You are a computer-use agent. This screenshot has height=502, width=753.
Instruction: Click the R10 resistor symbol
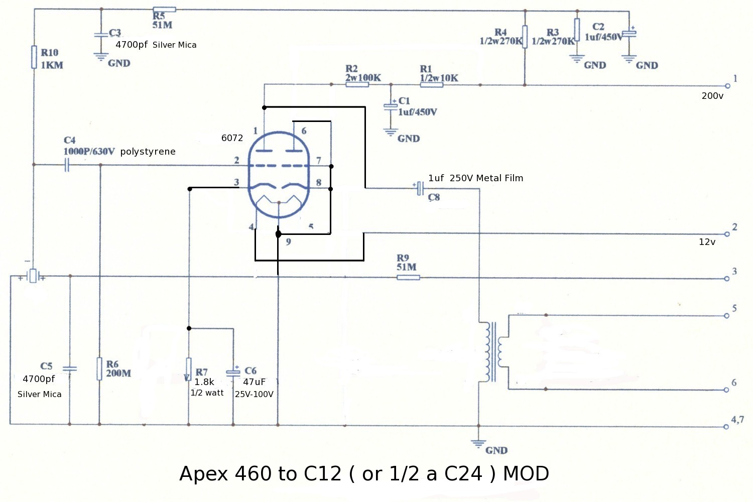pyautogui.click(x=34, y=57)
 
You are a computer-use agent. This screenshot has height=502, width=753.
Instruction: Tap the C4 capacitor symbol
pyautogui.click(x=67, y=165)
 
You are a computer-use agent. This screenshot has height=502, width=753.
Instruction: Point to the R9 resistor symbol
pyautogui.click(x=408, y=277)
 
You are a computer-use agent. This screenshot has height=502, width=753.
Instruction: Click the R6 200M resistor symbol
pyautogui.click(x=99, y=369)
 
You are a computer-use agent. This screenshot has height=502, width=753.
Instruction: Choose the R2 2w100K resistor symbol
pyautogui.click(x=357, y=85)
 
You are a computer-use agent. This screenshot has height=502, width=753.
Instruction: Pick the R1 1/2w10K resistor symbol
pyautogui.click(x=431, y=85)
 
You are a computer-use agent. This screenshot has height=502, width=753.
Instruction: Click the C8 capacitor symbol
pyautogui.click(x=420, y=189)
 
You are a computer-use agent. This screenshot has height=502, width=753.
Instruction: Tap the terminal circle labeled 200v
pyautogui.click(x=727, y=86)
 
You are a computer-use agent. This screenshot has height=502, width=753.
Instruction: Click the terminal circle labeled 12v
pyautogui.click(x=726, y=234)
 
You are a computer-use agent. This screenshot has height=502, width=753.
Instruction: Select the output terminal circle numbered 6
pyautogui.click(x=726, y=390)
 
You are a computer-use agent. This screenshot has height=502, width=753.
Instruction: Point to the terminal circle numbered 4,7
pyautogui.click(x=726, y=427)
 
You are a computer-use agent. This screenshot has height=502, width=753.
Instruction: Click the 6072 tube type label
pyautogui.click(x=232, y=138)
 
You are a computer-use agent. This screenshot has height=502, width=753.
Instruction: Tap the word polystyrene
pyautogui.click(x=148, y=152)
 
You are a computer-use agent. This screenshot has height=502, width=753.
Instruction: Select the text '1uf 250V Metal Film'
pyautogui.click(x=475, y=178)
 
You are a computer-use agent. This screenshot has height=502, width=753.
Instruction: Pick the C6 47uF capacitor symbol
pyautogui.click(x=233, y=372)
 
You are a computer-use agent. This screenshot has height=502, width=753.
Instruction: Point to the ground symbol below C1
pyautogui.click(x=391, y=133)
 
